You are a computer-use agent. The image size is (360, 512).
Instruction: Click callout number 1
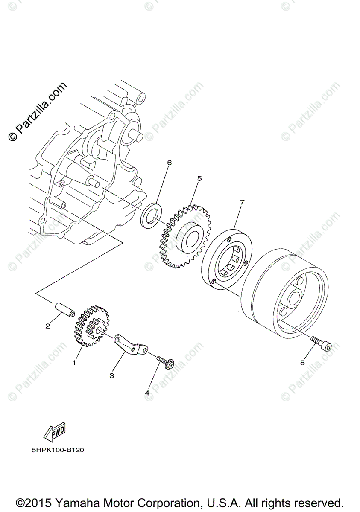point(74,363)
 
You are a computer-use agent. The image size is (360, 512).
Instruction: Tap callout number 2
point(48,326)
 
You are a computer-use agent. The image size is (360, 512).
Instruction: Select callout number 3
point(111,375)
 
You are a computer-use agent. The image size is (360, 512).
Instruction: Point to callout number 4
point(147,393)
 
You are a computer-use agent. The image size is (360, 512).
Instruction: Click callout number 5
point(199,178)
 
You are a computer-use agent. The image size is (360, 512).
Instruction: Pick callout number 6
point(169,163)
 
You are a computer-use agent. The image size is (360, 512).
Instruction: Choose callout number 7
point(242,202)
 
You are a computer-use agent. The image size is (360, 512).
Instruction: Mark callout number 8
point(302,363)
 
